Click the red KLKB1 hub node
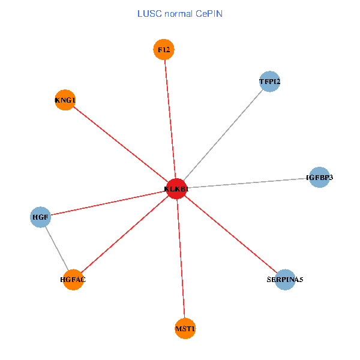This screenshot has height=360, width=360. pyautogui.click(x=176, y=189)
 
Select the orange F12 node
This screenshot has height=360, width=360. pyautogui.click(x=164, y=49)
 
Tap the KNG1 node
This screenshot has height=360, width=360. pyautogui.click(x=64, y=100)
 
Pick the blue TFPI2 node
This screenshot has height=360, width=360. pyautogui.click(x=270, y=81)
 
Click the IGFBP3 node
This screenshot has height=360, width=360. pyautogui.click(x=319, y=178)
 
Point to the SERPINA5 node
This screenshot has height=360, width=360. pyautogui.click(x=285, y=280)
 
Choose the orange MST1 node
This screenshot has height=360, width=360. pyautogui.click(x=185, y=328)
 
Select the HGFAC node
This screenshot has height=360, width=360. pyautogui.click(x=73, y=280)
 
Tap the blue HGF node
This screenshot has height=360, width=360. pyautogui.click(x=40, y=217)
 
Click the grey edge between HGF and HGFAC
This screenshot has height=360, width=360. pyautogui.click(x=56, y=248)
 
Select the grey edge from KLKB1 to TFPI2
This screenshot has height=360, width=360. pyautogui.click(x=223, y=135)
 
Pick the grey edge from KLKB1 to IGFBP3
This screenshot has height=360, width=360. pyautogui.click(x=247, y=183)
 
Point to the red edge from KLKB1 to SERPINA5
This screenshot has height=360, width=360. pyautogui.click(x=230, y=234)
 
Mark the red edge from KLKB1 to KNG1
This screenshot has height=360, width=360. pyautogui.click(x=120, y=145)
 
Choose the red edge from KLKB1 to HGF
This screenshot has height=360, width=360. pyautogui.click(x=108, y=203)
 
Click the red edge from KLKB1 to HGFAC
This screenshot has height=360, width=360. pyautogui.click(x=124, y=234)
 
